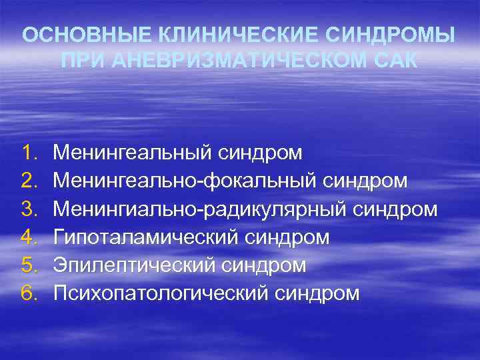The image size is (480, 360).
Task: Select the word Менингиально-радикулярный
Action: [200, 209]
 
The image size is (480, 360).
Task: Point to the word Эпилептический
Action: [135, 265]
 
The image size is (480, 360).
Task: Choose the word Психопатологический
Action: [161, 293]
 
